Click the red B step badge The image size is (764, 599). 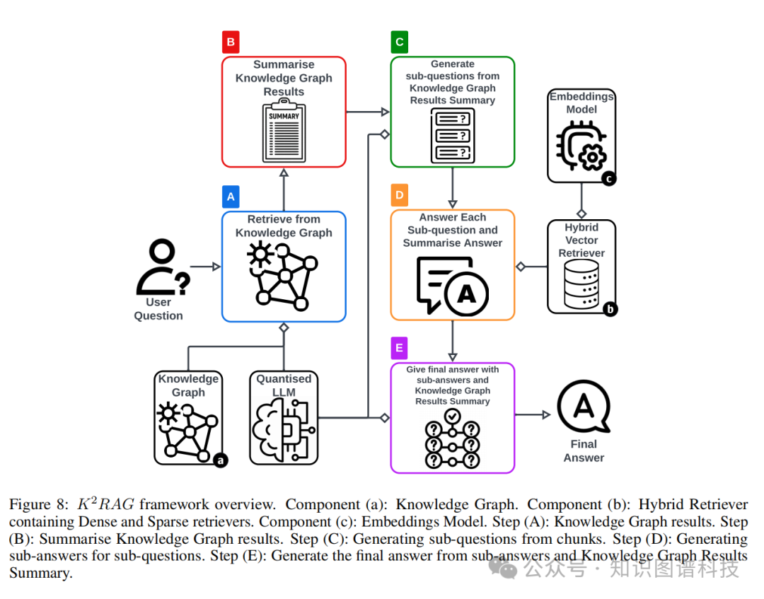[230, 42]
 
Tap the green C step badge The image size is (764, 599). [399, 42]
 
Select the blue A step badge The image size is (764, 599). [230, 197]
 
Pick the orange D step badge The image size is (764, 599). [399, 195]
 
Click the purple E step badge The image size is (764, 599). [399, 349]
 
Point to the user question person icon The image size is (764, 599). [162, 268]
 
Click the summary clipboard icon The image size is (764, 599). [284, 131]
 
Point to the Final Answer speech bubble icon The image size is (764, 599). [584, 409]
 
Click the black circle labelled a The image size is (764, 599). [221, 460]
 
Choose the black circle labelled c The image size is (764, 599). [608, 178]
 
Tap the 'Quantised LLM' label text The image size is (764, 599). [284, 385]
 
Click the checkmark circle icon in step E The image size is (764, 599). [453, 414]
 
